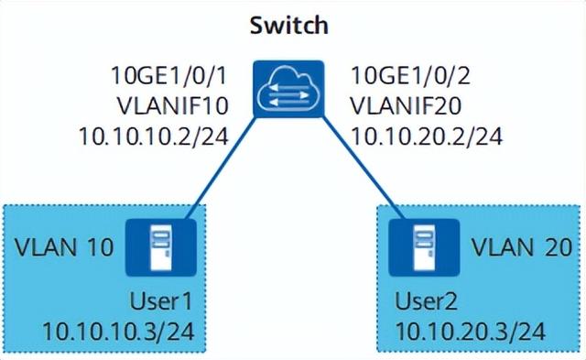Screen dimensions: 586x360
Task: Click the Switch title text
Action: click(289, 26)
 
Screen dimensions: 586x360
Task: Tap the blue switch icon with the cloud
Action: click(288, 89)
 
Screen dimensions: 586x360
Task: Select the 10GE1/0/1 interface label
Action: click(168, 76)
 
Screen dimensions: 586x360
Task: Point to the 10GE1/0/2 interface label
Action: click(410, 76)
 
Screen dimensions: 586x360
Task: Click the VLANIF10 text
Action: click(173, 105)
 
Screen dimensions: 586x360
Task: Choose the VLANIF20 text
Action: click(406, 105)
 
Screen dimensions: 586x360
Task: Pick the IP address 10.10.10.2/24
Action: click(154, 136)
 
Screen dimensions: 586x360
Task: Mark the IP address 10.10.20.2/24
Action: click(427, 136)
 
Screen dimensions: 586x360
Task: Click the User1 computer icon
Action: click(161, 247)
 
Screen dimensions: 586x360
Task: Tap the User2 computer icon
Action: click(424, 247)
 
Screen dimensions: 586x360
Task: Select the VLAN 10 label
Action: click(64, 247)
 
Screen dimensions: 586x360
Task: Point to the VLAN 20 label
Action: click(522, 247)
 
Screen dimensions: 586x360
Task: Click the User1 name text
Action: click(161, 301)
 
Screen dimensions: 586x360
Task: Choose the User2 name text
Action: click(426, 301)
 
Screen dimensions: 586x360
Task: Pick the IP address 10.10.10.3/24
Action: click(118, 332)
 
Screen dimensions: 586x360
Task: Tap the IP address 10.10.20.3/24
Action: click(471, 332)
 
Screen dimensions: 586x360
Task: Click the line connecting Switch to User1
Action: click(221, 169)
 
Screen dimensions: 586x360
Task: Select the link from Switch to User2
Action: click(364, 169)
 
